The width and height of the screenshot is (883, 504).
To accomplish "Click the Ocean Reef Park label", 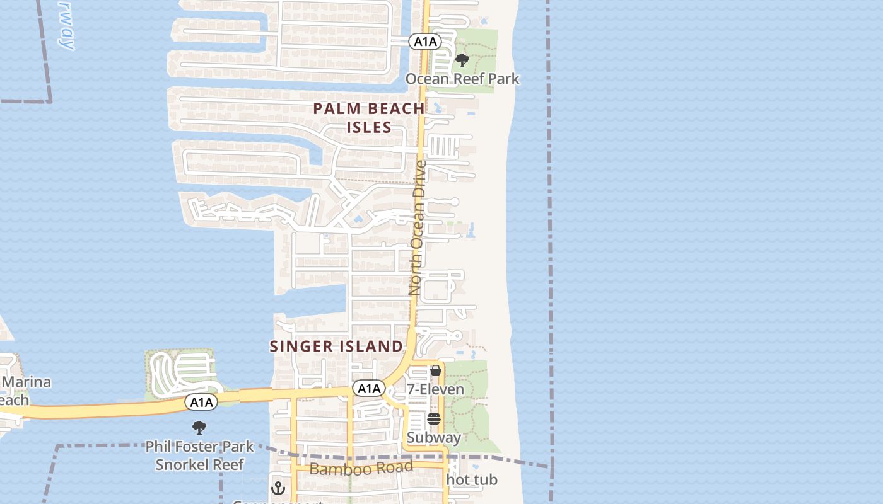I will coord(462,79).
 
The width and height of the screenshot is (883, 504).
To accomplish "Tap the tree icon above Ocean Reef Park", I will coord(462,61).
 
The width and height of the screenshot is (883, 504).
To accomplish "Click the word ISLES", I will coord(369,127).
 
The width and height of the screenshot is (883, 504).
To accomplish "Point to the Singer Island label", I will coord(336,346).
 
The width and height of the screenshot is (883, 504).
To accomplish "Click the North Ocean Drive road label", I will coord(418,228).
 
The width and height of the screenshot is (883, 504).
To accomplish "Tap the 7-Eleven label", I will coord(435,389).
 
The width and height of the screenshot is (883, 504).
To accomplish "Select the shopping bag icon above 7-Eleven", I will coord(436,370).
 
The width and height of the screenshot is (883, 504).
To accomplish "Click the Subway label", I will coord(433,437).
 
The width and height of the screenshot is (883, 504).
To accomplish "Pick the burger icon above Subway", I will coord(433,418).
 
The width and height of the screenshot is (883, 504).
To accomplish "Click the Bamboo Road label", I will coord(361,468).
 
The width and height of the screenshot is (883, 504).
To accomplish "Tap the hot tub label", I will coord(472,480).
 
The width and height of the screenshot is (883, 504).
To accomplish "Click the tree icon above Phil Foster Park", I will coord(199,428).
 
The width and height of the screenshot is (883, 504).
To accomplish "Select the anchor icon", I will coord(278,488).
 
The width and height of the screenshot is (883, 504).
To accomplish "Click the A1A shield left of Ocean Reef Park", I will coord(424,42).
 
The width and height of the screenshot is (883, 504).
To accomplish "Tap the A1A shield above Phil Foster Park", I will coord(201,402).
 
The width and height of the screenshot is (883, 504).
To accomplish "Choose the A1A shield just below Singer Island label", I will coord(368,389).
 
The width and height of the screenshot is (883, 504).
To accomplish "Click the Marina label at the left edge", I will coord(26,382).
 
